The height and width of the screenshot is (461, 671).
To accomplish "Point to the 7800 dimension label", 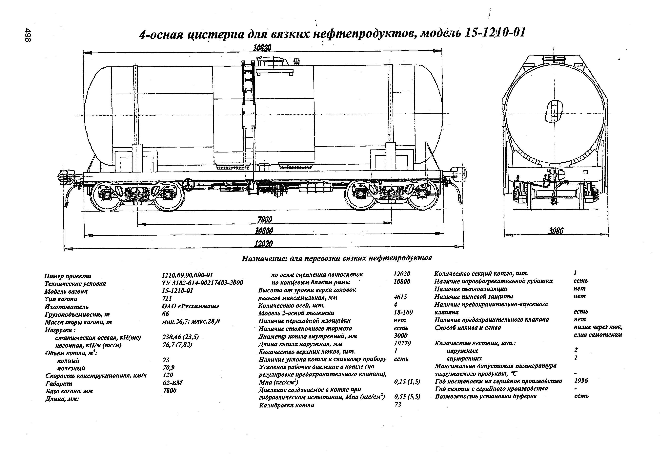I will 264,220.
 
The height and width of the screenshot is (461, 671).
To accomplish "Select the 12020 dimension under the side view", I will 263,244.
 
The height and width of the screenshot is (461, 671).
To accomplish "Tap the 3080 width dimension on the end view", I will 556,231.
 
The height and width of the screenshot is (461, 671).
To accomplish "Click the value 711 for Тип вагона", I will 167,298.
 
